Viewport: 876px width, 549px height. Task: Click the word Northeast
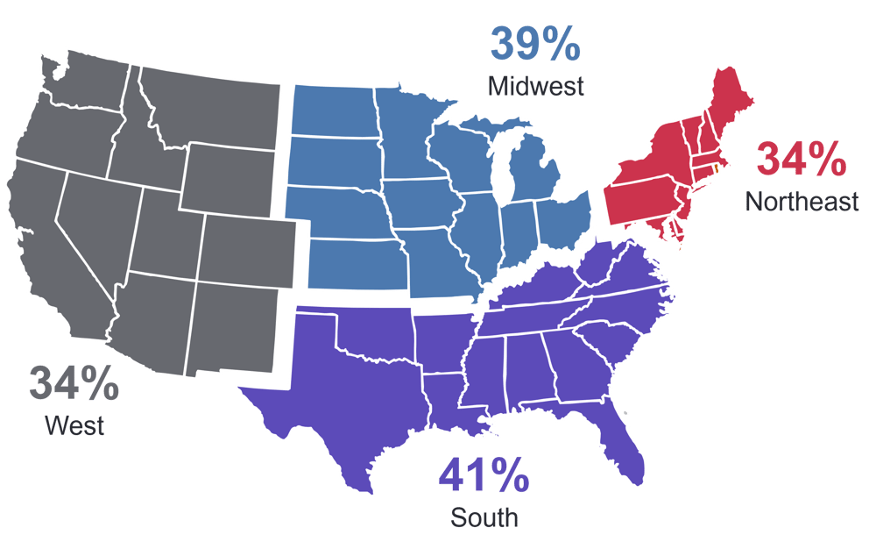(802, 202)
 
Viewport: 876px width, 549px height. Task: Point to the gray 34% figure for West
(74, 382)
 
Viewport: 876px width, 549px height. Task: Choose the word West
(74, 426)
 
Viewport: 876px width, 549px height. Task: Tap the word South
(484, 517)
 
